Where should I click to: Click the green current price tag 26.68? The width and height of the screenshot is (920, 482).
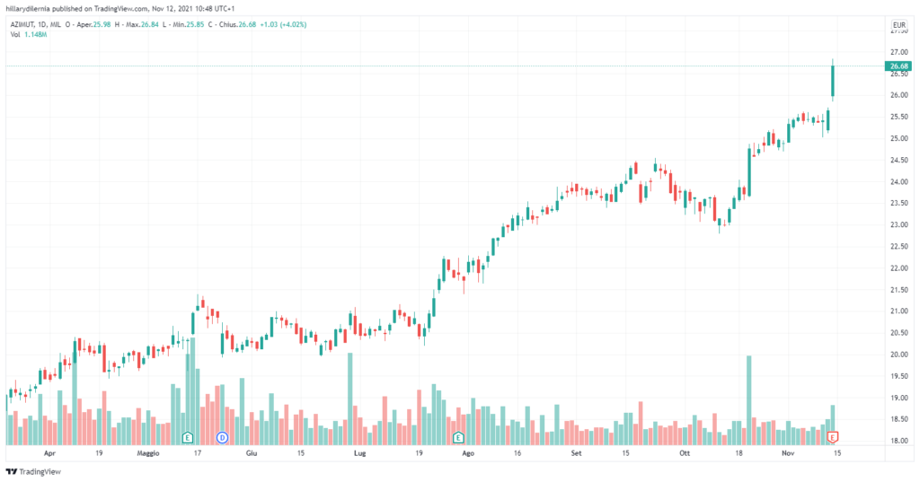897,66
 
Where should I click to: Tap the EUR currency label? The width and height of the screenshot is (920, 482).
897,24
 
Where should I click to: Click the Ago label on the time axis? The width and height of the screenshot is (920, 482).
467,454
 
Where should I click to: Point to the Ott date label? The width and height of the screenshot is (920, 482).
686,454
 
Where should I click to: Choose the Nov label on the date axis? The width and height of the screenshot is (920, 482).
787,454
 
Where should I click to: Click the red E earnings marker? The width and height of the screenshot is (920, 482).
833,437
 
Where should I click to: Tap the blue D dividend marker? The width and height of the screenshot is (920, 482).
223,437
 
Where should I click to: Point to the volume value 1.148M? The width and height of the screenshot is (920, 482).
34,34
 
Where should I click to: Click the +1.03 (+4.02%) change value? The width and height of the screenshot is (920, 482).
283,24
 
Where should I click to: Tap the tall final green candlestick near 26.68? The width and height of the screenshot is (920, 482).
833,79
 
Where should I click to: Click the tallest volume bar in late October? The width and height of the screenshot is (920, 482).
749,399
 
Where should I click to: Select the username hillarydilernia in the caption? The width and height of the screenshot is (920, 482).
30,7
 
